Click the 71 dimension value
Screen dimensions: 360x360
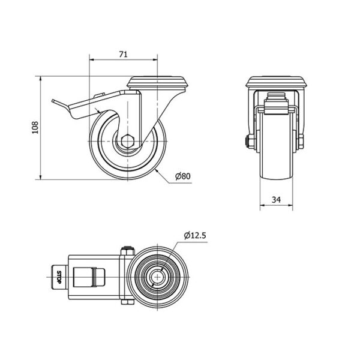[123, 54]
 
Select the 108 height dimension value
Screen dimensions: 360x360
[35, 128]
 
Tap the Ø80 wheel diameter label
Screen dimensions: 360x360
[183, 176]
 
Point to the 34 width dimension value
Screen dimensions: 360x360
[276, 200]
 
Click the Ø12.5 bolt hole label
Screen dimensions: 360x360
[195, 236]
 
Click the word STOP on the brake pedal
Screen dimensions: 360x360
[59, 277]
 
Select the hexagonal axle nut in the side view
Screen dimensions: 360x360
[127, 141]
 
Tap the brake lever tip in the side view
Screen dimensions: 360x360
[53, 101]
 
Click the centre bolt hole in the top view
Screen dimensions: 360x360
[158, 277]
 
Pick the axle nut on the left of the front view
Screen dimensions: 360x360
[249, 141]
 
